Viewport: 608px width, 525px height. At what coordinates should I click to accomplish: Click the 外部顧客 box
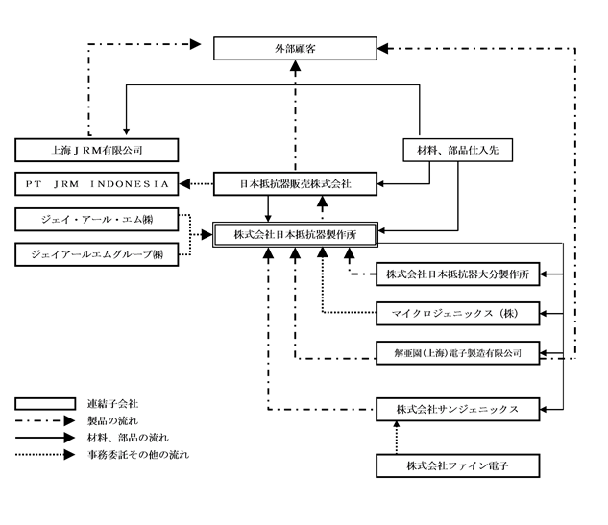coord(293,47)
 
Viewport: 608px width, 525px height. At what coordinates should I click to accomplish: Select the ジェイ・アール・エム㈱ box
coord(92,221)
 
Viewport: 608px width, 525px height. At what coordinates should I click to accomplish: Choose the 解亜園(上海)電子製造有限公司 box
coord(457,352)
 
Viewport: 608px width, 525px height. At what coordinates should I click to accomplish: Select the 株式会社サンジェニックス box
coord(457,409)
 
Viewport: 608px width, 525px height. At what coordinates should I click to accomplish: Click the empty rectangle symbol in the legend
coord(45,404)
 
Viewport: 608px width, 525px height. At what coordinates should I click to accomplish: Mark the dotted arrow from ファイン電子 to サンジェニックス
coord(397,438)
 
